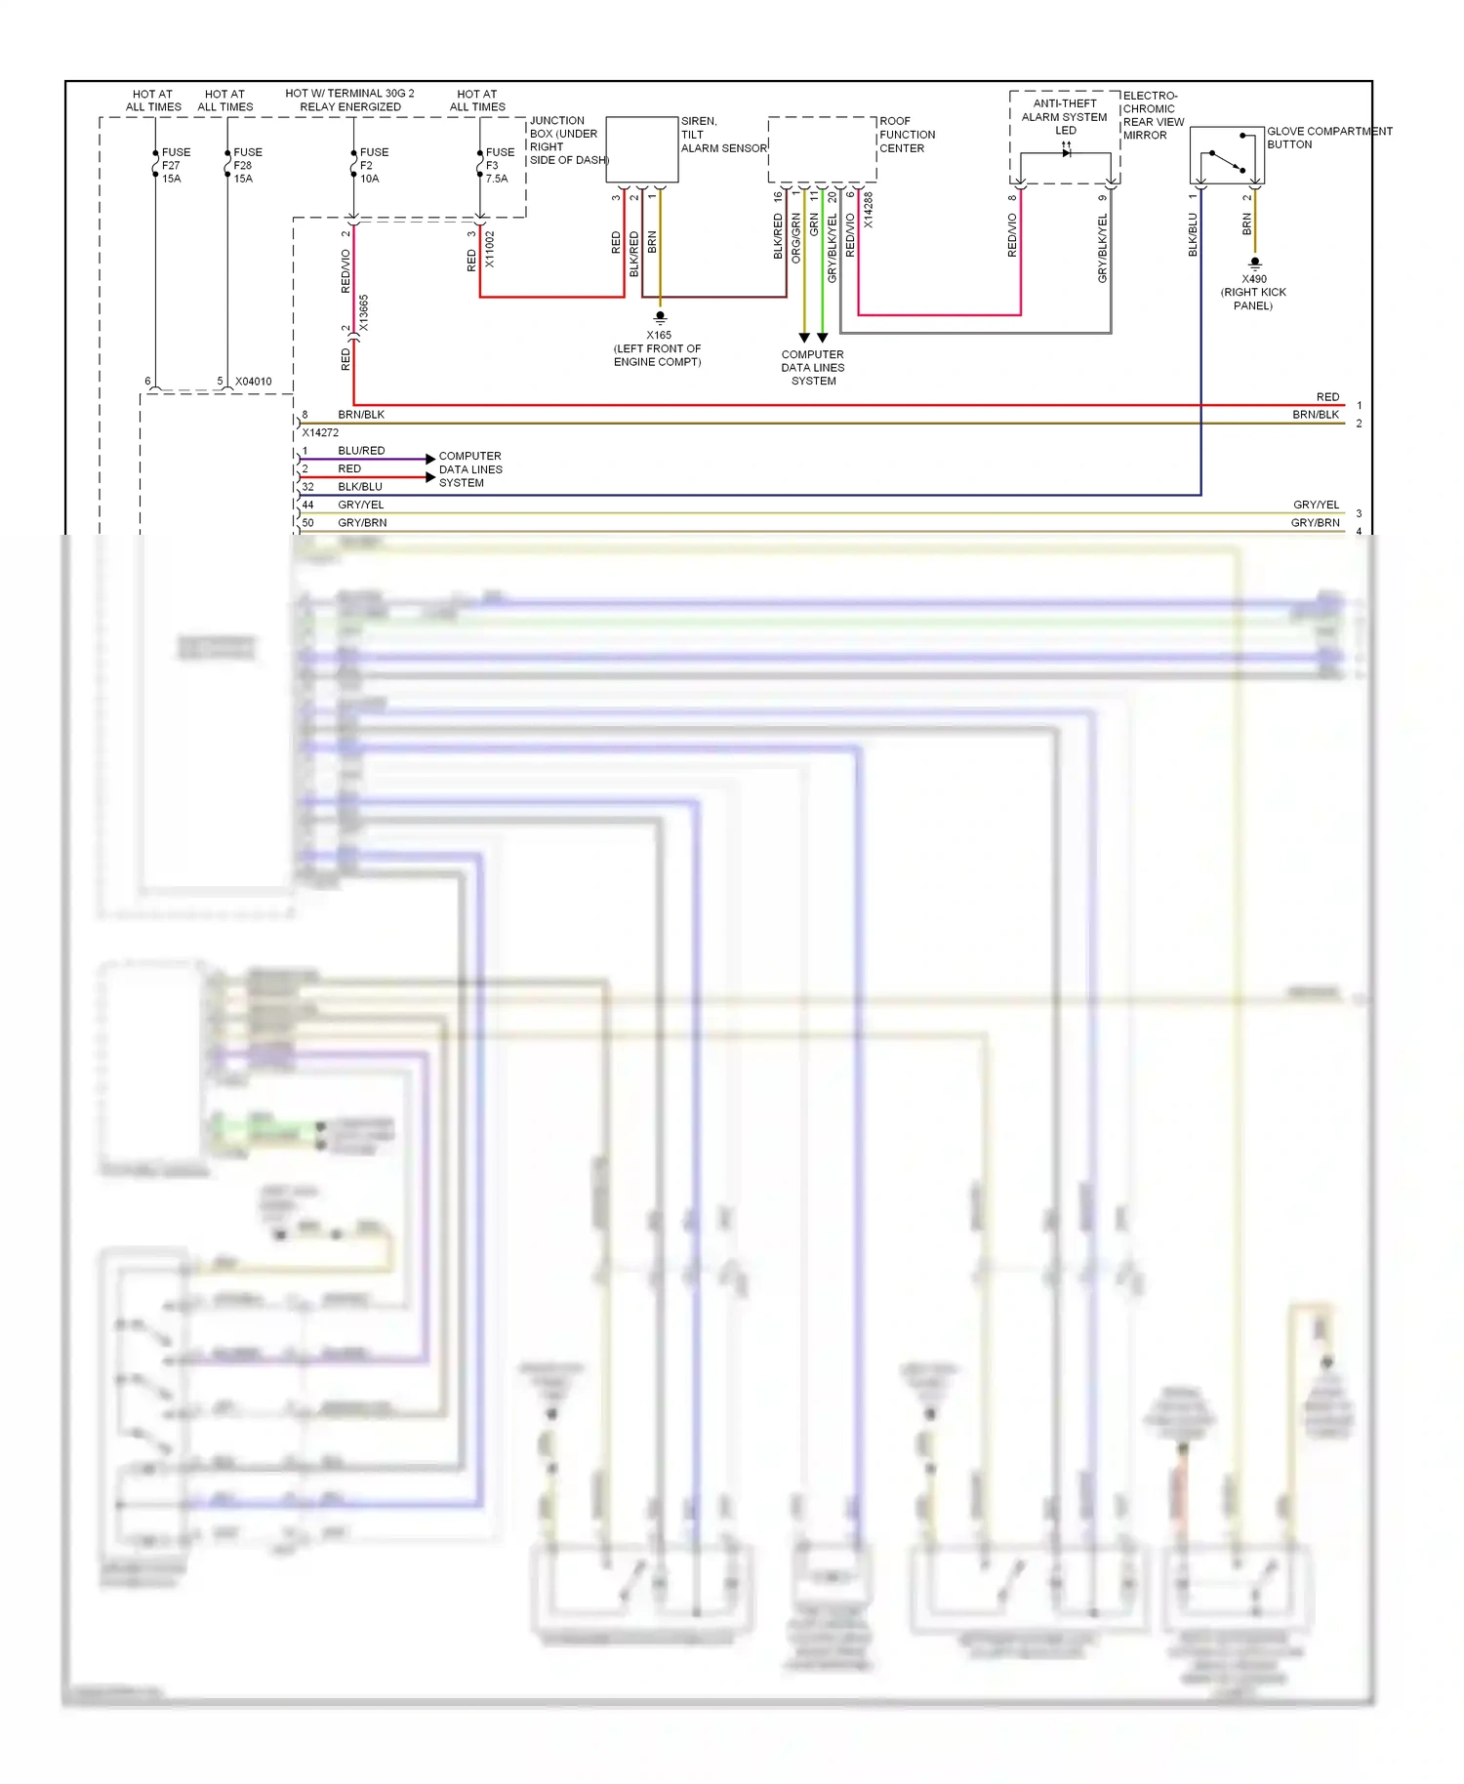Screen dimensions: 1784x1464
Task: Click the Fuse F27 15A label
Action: [x=175, y=166]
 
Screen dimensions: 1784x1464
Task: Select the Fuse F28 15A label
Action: [x=247, y=166]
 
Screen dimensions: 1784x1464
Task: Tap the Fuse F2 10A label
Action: [x=373, y=166]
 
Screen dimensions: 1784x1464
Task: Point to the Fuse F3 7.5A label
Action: [x=499, y=166]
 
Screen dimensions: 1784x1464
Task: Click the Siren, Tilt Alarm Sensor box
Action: [x=641, y=149]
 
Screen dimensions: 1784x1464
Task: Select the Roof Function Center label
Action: [x=907, y=135]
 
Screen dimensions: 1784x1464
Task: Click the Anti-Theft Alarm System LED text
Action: [x=1064, y=116]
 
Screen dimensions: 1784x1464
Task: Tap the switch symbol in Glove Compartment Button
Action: [x=1227, y=161]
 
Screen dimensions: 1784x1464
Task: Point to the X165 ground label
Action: [x=658, y=348]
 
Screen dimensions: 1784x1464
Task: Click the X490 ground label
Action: [x=1253, y=292]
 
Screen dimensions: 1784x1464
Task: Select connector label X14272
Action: [x=320, y=432]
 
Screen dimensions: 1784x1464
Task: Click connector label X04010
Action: [x=253, y=382]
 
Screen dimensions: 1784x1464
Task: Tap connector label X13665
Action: [x=364, y=312]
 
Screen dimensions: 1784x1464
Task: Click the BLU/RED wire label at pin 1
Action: [x=361, y=451]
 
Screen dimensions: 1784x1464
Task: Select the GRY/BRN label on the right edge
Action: [x=1315, y=523]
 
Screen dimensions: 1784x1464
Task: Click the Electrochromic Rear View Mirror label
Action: [x=1153, y=115]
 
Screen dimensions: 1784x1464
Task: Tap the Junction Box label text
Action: [x=567, y=141]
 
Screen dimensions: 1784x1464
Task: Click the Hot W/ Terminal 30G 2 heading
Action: [x=349, y=100]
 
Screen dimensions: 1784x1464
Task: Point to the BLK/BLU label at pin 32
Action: [x=360, y=487]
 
